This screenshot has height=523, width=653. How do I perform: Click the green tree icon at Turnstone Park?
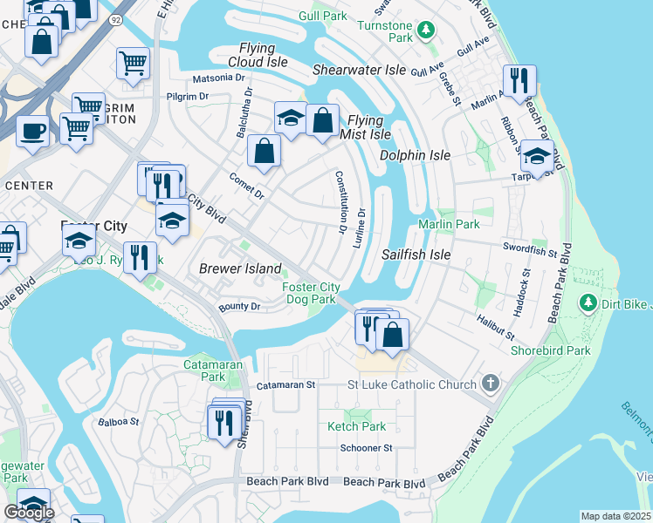pos(425,31)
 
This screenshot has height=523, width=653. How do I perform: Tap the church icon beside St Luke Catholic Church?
pos(491,384)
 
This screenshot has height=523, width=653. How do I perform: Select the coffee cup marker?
pos(33,132)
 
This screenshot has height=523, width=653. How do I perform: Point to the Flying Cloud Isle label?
pos(258,55)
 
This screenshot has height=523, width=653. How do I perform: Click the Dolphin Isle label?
pos(415,155)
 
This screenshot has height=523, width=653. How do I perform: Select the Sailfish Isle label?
pos(416,255)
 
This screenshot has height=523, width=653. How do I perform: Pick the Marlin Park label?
pos(449,224)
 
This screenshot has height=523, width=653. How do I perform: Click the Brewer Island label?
pos(240,268)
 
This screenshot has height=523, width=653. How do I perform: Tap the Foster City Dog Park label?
pos(311,293)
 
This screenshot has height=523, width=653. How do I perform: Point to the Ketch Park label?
pos(356,426)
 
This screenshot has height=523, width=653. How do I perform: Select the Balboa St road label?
pos(121,422)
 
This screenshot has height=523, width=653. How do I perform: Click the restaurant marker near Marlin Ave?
pos(519,80)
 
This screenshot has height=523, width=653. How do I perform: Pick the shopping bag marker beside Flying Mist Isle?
pos(322,120)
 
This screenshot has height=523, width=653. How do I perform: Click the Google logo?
pos(29,513)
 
